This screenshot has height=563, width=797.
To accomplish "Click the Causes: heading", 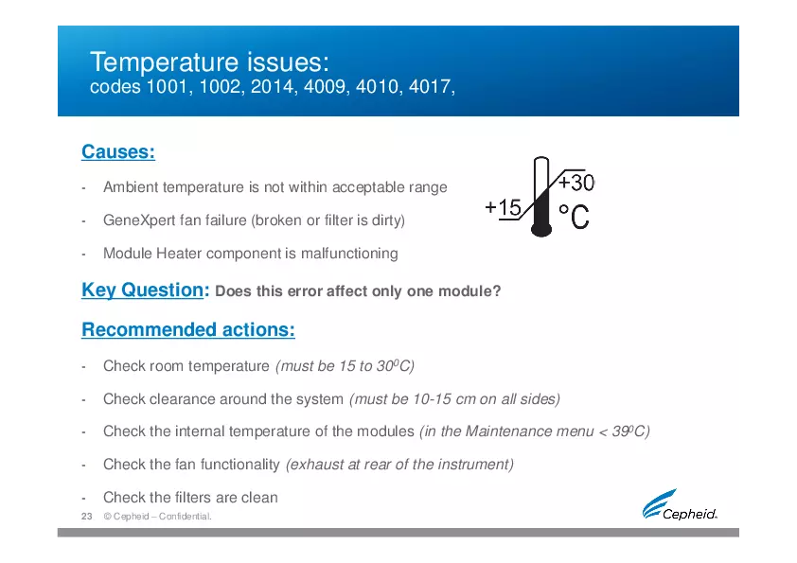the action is click(118, 152).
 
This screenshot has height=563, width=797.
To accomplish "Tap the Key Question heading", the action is click(142, 290).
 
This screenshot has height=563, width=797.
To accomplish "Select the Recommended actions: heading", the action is click(188, 330).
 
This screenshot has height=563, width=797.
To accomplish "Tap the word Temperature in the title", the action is click(164, 62).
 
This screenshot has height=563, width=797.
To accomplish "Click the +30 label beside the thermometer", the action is click(576, 183).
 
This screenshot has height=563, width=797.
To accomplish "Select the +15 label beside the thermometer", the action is click(504, 207).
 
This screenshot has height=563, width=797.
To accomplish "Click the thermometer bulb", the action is click(541, 228).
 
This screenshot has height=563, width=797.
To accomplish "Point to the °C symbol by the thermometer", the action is click(574, 217).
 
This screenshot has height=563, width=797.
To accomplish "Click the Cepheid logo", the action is click(680, 504).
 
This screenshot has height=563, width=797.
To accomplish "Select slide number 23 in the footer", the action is click(87, 517).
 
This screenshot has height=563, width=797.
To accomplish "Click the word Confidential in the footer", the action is click(185, 517).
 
